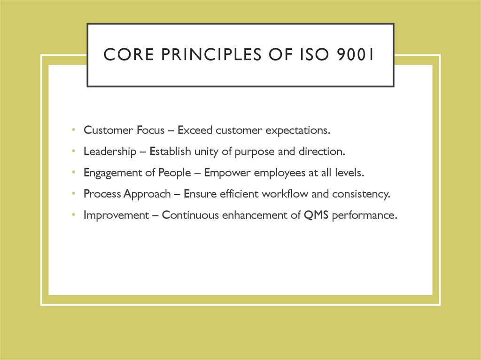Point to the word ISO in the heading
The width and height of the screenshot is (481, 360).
[308, 55]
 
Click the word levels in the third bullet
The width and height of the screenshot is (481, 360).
[349, 173]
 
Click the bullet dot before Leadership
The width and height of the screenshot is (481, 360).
[74, 151]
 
